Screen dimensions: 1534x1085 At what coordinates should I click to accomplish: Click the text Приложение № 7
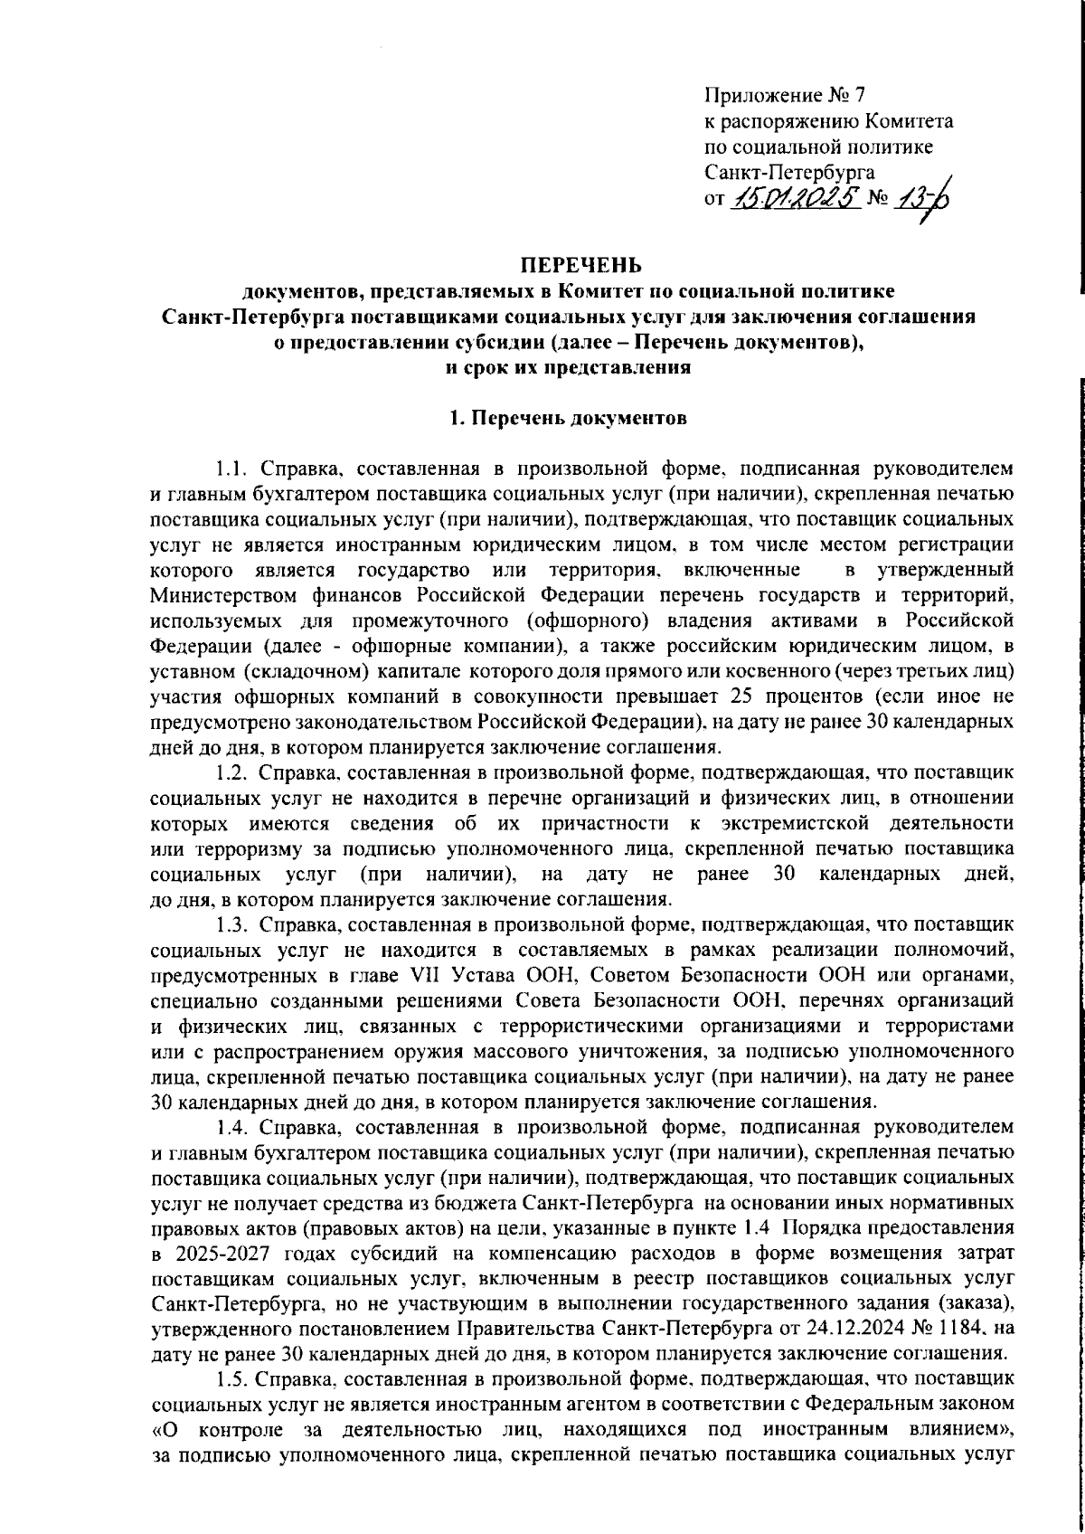click(784, 94)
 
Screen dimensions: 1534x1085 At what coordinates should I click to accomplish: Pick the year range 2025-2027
click(213, 1254)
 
